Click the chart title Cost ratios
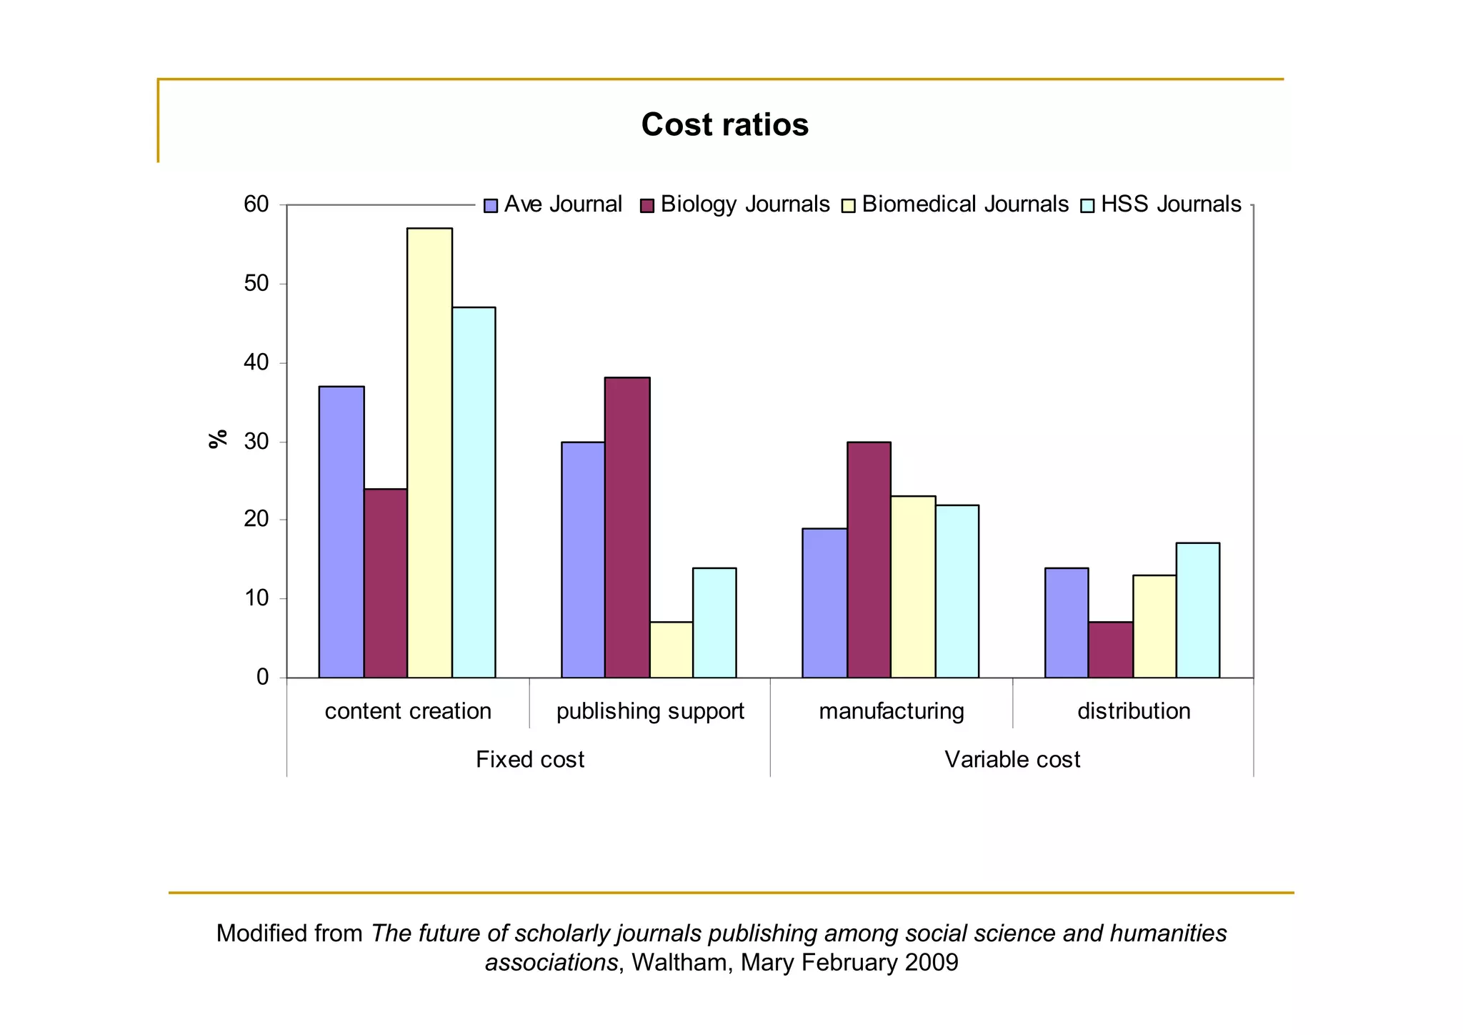[724, 124]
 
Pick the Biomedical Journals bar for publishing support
[671, 650]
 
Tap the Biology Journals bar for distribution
[1110, 650]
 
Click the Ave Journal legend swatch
[490, 206]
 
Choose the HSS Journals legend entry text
[1171, 204]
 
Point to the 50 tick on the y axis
[256, 284]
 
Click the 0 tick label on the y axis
[262, 677]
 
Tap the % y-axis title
[218, 438]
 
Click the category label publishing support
[649, 711]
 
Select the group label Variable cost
[1012, 759]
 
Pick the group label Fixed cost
[529, 759]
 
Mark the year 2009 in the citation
[931, 963]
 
